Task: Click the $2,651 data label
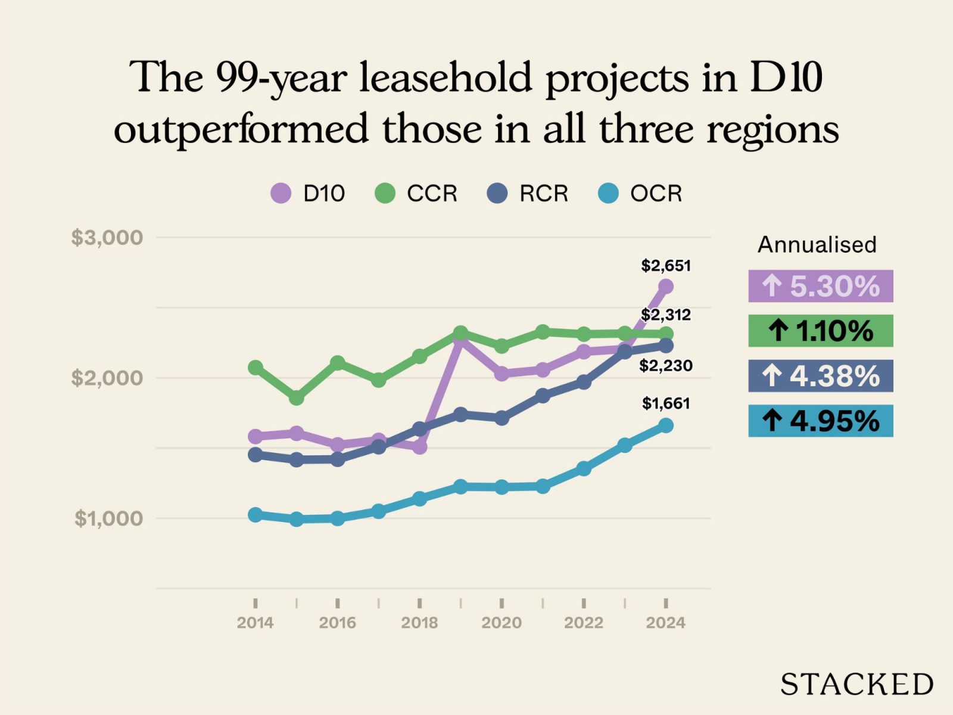(666, 266)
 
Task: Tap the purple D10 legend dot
(281, 193)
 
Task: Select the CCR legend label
(432, 194)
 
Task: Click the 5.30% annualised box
(820, 286)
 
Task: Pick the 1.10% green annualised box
(820, 331)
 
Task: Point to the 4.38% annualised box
(820, 376)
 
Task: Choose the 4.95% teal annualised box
(820, 421)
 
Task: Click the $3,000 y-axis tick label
(107, 237)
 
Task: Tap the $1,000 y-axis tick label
(108, 518)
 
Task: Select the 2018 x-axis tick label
(419, 623)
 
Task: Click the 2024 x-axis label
(665, 623)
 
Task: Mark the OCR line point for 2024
(666, 425)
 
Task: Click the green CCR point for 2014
(256, 367)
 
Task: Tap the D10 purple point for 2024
(666, 287)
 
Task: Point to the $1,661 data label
(666, 403)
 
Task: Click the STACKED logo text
(857, 684)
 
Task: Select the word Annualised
(817, 245)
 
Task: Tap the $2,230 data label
(666, 365)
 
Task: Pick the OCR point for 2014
(256, 515)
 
